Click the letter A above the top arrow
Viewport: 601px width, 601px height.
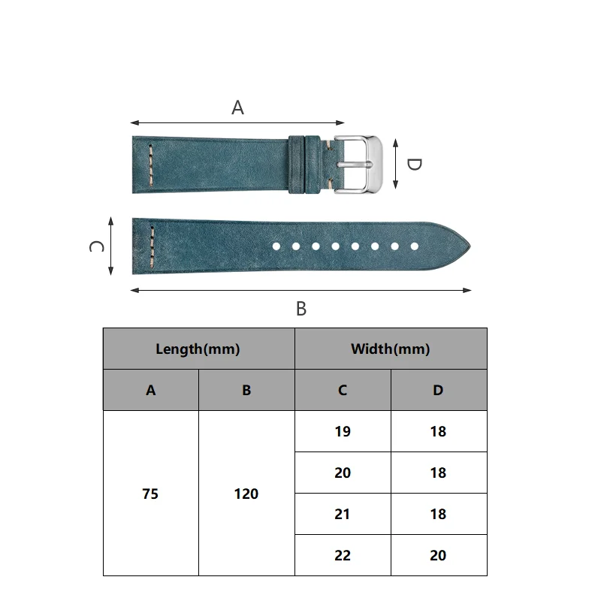[237, 107]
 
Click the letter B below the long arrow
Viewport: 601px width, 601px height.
[301, 309]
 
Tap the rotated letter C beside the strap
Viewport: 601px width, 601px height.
[96, 246]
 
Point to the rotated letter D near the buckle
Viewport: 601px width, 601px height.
[414, 165]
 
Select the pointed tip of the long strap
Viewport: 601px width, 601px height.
[470, 246]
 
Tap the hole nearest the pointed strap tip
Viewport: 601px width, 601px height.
[415, 246]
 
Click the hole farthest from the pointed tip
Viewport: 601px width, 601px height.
[276, 246]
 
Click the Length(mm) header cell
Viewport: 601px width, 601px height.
[198, 349]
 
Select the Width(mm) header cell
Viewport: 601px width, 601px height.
[391, 349]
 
